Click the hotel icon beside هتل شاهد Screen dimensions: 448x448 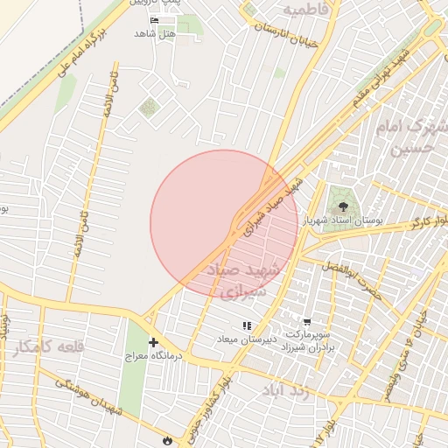(155, 20)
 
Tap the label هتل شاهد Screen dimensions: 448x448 (155, 33)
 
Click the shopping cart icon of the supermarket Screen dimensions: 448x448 (306, 321)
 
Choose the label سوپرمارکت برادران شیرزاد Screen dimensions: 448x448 (307, 341)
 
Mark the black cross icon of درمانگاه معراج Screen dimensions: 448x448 (154, 342)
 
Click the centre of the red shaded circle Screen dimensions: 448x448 (224, 224)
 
